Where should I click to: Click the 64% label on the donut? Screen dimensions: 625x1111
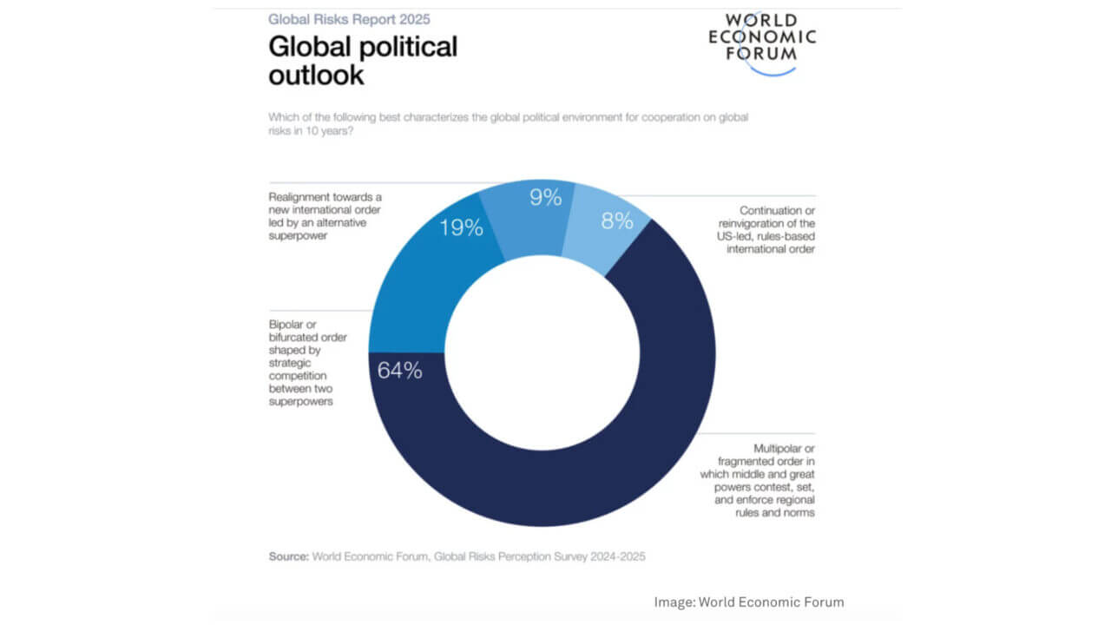click(x=399, y=371)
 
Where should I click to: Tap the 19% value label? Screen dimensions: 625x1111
click(x=460, y=228)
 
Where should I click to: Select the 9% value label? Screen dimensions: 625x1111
click(x=546, y=198)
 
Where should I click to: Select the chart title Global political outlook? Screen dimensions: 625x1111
click(x=362, y=60)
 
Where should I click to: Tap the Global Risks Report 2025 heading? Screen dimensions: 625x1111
click(x=349, y=18)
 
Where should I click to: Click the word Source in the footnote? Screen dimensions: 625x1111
click(x=287, y=556)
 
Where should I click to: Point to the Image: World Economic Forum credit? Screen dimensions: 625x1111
click(x=748, y=602)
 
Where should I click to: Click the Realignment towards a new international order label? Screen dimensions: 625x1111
click(x=325, y=216)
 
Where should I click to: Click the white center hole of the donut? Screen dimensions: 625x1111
click(x=542, y=352)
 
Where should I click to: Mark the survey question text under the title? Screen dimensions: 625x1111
click(x=507, y=122)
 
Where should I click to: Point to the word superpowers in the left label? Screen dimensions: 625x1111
click(x=300, y=402)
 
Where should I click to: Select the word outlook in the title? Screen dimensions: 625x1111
click(x=316, y=75)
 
